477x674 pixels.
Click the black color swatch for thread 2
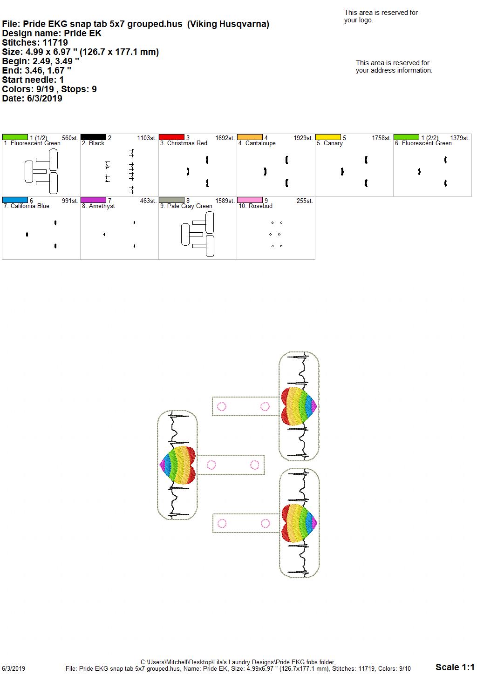[93, 137]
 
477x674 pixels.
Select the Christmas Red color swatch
[171, 137]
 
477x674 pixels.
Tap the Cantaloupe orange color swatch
[250, 137]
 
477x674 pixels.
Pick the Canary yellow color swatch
[328, 137]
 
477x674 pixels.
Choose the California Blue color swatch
[15, 200]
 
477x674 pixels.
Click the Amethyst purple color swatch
[93, 200]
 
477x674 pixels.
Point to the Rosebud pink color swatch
[250, 200]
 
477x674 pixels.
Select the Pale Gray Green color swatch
[171, 200]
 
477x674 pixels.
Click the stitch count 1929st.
[303, 138]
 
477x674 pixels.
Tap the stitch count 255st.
[305, 201]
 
